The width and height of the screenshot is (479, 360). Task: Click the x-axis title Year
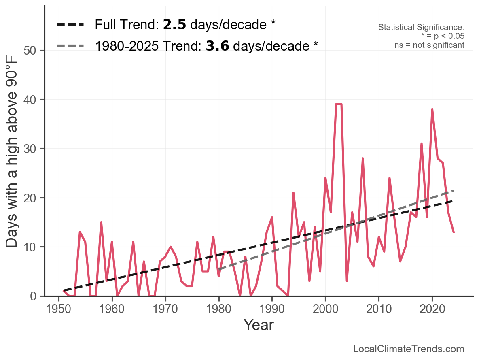pyautogui.click(x=259, y=325)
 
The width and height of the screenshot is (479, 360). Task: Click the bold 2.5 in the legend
pyautogui.click(x=174, y=25)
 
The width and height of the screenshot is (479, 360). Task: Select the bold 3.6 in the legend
pyautogui.click(x=217, y=46)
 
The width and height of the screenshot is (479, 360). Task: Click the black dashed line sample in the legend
pyautogui.click(x=70, y=25)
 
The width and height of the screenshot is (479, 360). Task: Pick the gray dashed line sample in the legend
pyautogui.click(x=70, y=45)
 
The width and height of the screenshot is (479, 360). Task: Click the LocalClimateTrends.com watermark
pyautogui.click(x=409, y=349)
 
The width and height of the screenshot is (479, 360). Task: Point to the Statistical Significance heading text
pyautogui.click(x=421, y=28)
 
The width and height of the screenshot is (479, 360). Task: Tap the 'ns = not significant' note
pyautogui.click(x=429, y=45)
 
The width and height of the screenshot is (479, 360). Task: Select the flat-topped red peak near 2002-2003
pyautogui.click(x=339, y=104)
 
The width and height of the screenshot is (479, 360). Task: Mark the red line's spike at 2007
pyautogui.click(x=363, y=158)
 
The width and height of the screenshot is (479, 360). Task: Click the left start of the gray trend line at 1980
pyautogui.click(x=219, y=269)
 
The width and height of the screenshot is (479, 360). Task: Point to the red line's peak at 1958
pyautogui.click(x=101, y=222)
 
